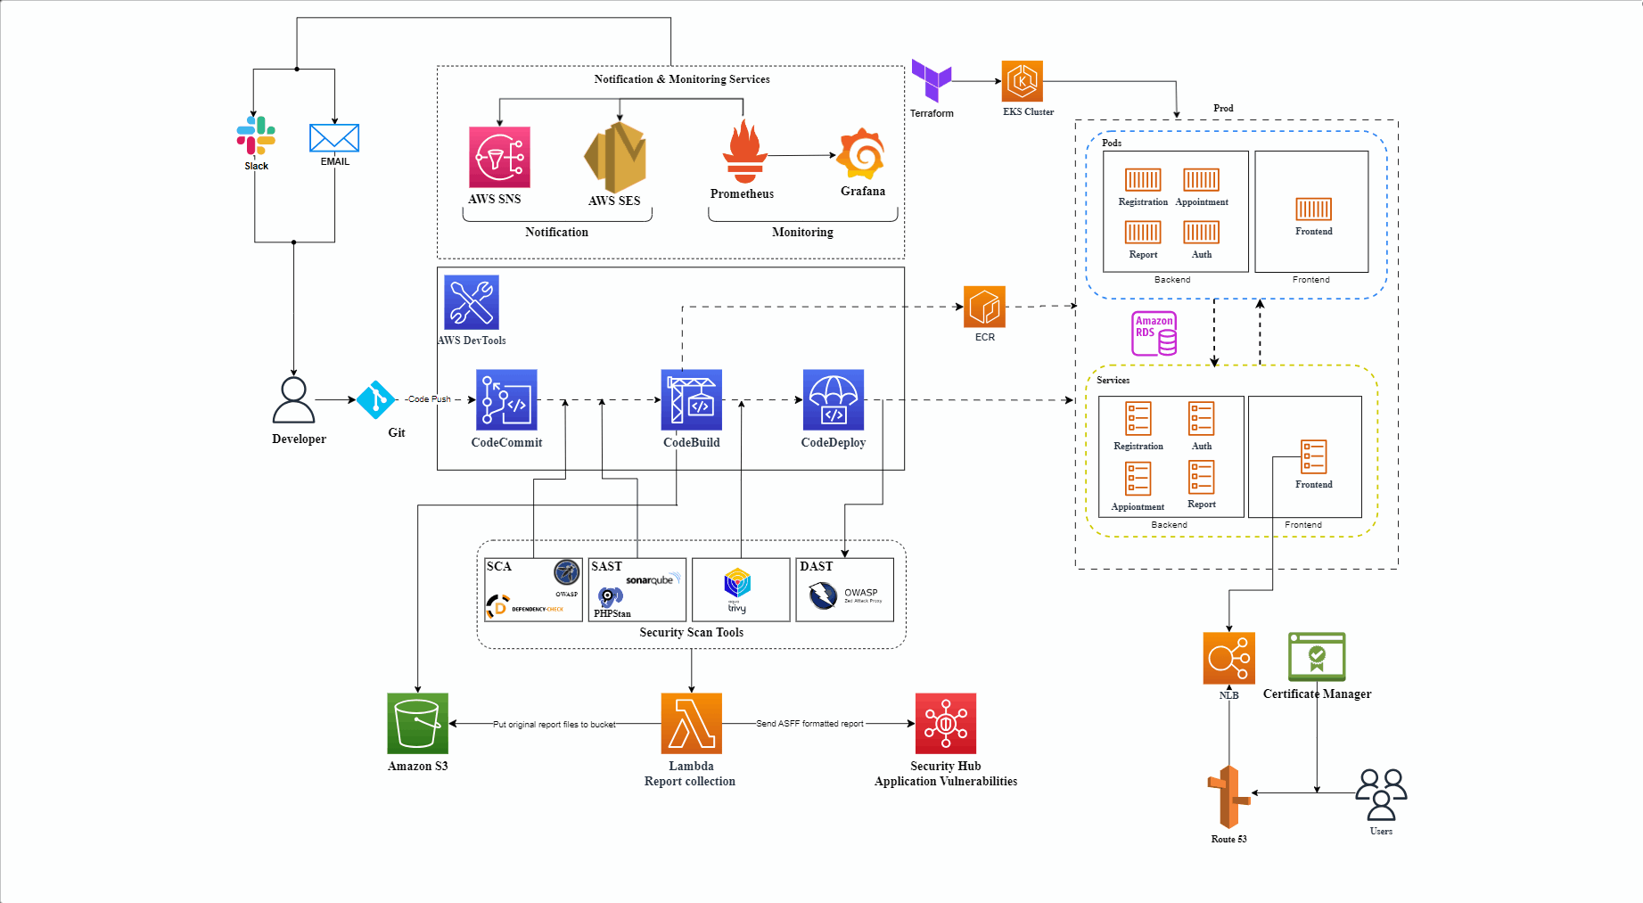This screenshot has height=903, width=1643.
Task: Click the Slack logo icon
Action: pyautogui.click(x=256, y=135)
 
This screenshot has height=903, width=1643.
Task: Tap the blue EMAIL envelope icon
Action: pyautogui.click(x=334, y=138)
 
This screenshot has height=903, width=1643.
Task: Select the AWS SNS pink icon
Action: pyautogui.click(x=499, y=157)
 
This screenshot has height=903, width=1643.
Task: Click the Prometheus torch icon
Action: pyautogui.click(x=744, y=152)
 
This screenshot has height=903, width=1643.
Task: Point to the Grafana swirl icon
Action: pyautogui.click(x=862, y=153)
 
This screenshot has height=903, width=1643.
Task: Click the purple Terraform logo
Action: pyautogui.click(x=932, y=81)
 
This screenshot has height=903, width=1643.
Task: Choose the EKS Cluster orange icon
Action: pyautogui.click(x=1022, y=82)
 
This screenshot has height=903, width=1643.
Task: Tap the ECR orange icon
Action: pyautogui.click(x=984, y=307)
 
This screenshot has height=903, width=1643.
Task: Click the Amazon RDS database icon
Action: pyautogui.click(x=1154, y=333)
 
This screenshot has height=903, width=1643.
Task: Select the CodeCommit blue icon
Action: pyautogui.click(x=506, y=400)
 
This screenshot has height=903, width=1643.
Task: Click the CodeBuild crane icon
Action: pyautogui.click(x=691, y=400)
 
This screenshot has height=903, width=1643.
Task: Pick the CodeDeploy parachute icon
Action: pyautogui.click(x=833, y=400)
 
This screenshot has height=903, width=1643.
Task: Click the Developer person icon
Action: pyautogui.click(x=293, y=400)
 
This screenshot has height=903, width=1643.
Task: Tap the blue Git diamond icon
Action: pyautogui.click(x=375, y=400)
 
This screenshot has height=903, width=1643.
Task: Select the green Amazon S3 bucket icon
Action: pyautogui.click(x=417, y=723)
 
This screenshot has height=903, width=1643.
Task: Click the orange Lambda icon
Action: pyautogui.click(x=691, y=723)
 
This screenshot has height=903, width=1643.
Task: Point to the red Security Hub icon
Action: pyautogui.click(x=945, y=723)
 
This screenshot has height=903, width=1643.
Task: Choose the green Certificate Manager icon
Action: pyautogui.click(x=1316, y=657)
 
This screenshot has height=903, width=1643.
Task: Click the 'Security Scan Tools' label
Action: pyautogui.click(x=691, y=633)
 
